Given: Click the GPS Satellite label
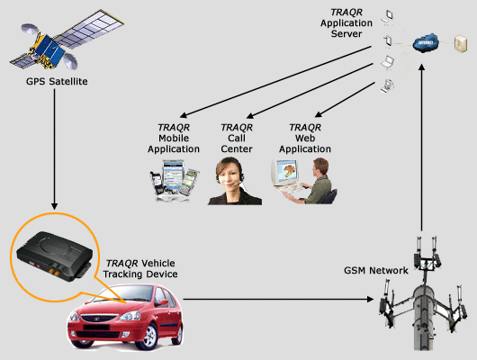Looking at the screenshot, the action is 57,81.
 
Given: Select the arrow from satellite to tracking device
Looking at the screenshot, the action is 55,149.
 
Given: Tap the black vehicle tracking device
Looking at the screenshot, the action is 54,256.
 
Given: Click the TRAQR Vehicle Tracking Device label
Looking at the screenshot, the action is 140,268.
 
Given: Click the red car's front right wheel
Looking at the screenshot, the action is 148,337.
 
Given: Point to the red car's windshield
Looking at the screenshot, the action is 126,293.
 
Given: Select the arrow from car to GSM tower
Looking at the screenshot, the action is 278,299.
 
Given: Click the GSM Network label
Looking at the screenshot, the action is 376,270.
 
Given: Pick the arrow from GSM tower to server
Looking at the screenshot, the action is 421,148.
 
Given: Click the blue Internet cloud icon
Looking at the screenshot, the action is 426,42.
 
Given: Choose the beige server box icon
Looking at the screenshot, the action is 461,44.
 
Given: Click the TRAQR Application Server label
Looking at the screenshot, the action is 346,22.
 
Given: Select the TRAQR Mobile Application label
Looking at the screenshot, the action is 174,139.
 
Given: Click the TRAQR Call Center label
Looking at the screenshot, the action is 237,139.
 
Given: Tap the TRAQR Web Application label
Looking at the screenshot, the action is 305,139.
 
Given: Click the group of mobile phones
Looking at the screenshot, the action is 174,180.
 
